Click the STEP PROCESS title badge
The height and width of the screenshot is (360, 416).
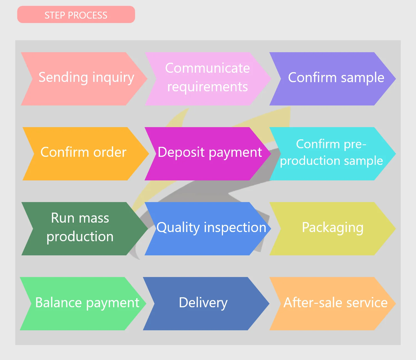(x=76, y=15)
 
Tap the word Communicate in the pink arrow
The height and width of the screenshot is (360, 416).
(x=207, y=68)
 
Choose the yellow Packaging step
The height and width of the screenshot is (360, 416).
(x=332, y=228)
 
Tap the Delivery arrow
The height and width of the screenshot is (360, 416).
(x=203, y=303)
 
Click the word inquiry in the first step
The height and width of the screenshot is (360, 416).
(x=113, y=78)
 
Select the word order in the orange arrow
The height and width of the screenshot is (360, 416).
(x=110, y=152)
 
